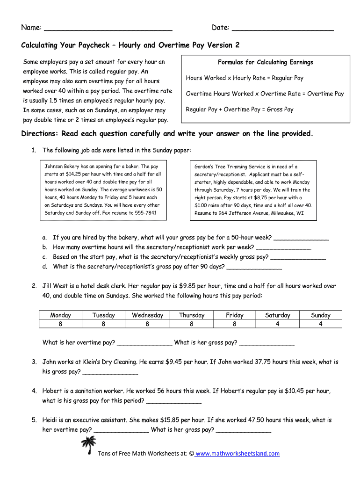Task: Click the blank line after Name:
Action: pyautogui.click(x=108, y=29)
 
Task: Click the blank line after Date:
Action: pyautogui.click(x=282, y=29)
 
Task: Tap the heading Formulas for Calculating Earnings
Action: pyautogui.click(x=265, y=62)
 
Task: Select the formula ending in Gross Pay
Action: pyautogui.click(x=239, y=109)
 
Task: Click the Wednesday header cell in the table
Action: pyautogui.click(x=147, y=315)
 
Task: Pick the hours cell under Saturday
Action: pyautogui.click(x=277, y=324)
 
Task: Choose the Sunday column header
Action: pyautogui.click(x=320, y=315)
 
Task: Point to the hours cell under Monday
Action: pyautogui.click(x=60, y=324)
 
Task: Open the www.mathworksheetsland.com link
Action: pyautogui.click(x=238, y=453)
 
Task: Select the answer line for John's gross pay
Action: pyautogui.click(x=110, y=372)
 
